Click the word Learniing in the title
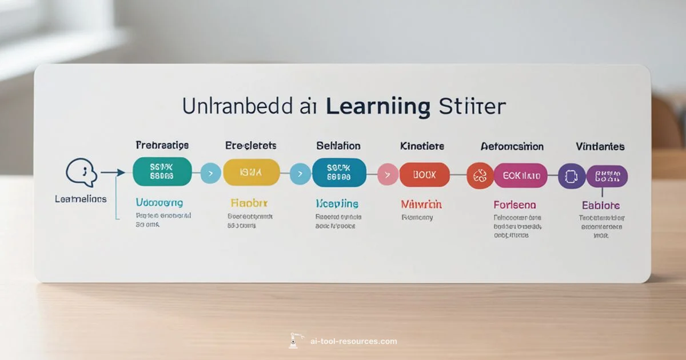(378, 107)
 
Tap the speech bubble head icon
(79, 172)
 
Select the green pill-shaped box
(162, 172)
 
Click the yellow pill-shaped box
(251, 173)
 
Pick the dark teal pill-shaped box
(339, 173)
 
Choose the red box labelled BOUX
(425, 175)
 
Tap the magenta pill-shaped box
(520, 175)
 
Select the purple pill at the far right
(607, 177)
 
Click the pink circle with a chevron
(388, 175)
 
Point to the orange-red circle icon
(480, 175)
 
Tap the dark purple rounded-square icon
(572, 176)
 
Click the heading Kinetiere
(422, 147)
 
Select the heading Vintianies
(600, 147)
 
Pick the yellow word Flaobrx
(249, 203)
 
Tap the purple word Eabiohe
(601, 205)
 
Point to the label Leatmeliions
(81, 199)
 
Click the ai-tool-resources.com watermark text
(353, 341)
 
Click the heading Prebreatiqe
(162, 146)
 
